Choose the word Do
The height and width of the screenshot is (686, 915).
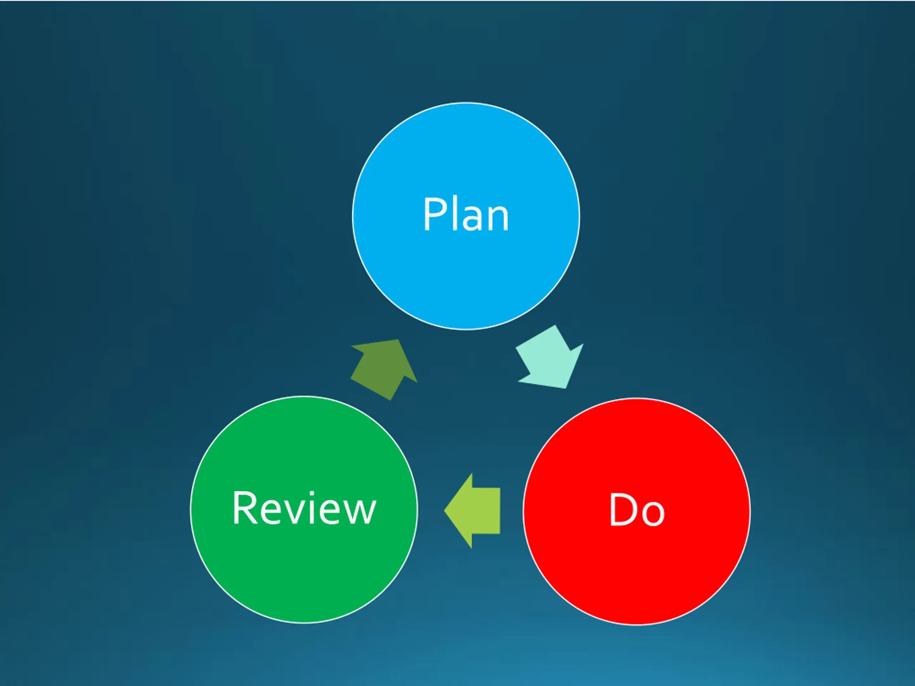click(x=637, y=510)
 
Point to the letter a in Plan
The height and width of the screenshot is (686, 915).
click(x=473, y=218)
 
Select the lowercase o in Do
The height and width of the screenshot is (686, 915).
click(x=652, y=514)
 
